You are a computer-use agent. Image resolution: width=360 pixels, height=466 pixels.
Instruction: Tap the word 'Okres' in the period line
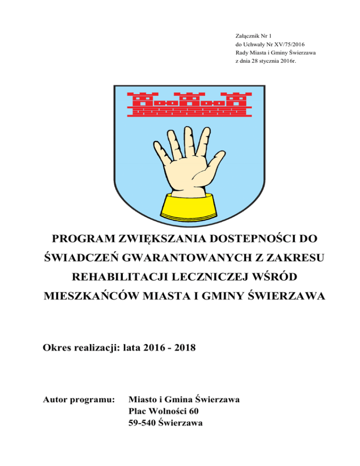[x=57, y=348]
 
